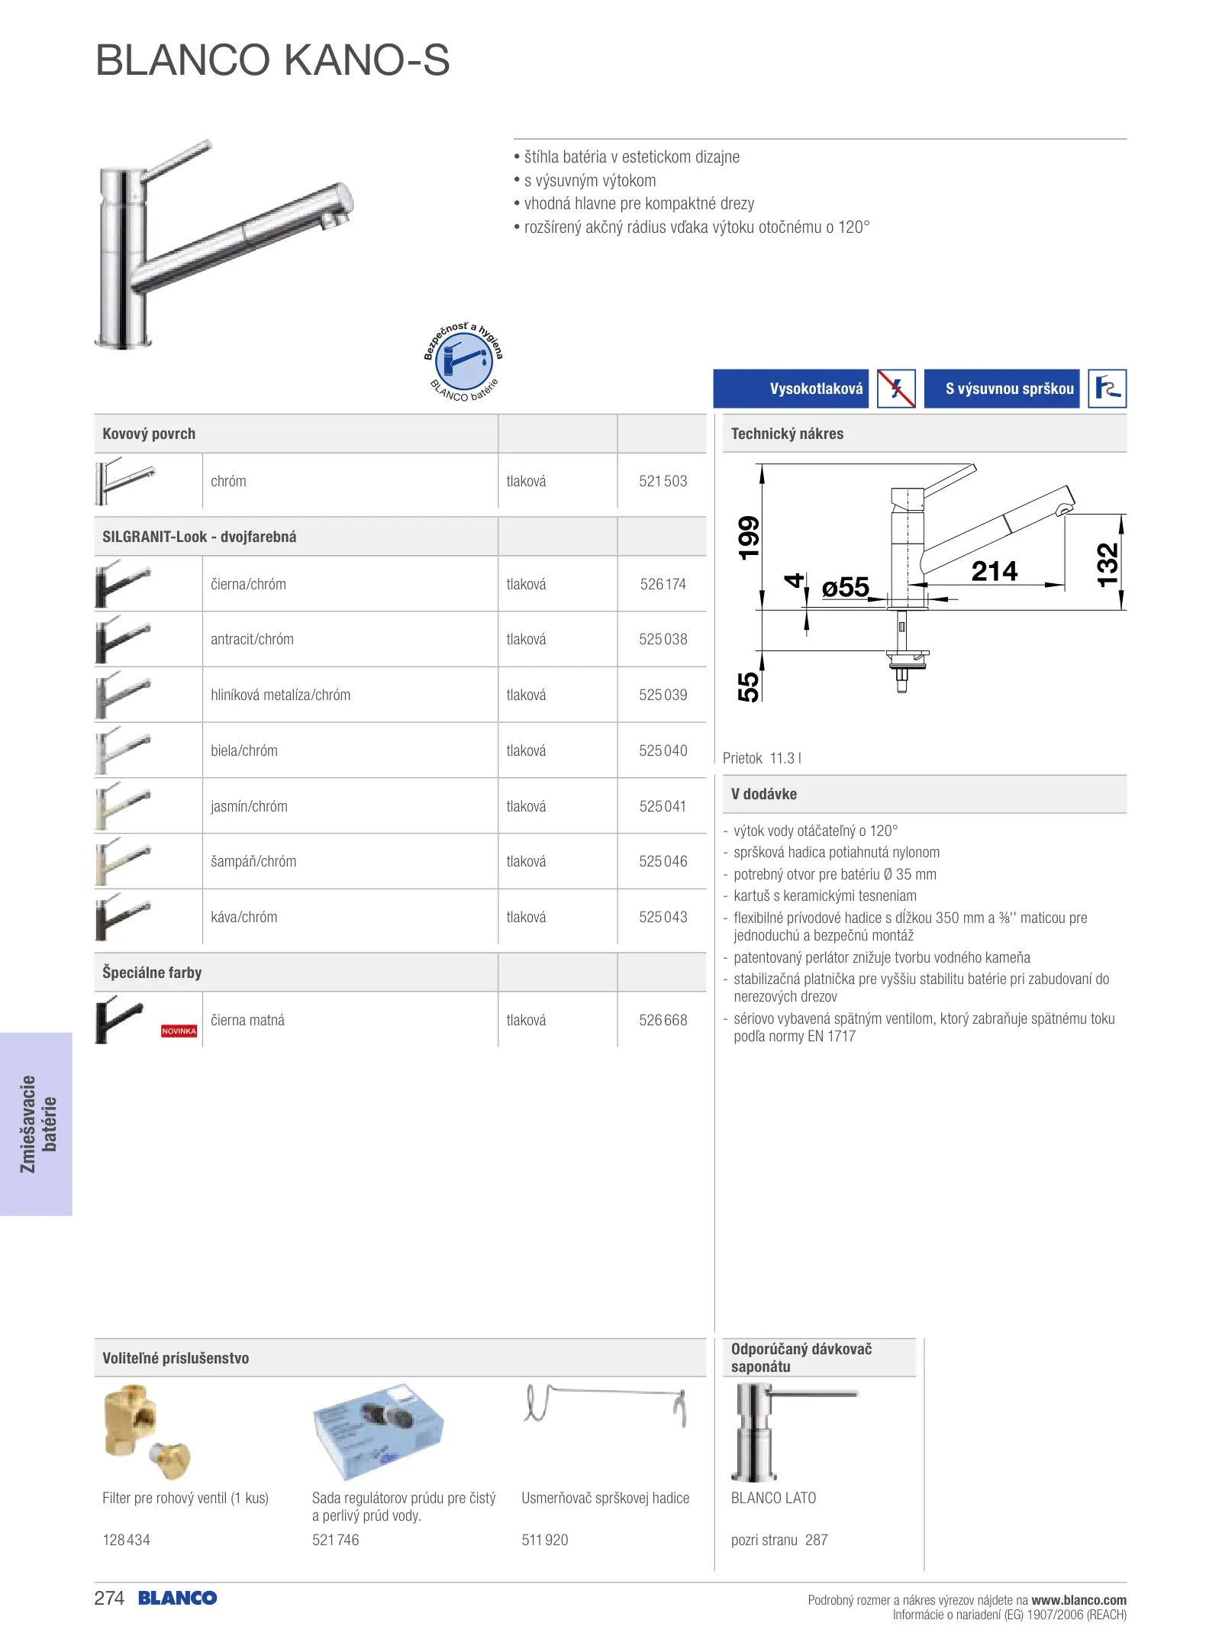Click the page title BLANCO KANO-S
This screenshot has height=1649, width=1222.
pos(272,60)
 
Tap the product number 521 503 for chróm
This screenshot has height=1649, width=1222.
pos(663,481)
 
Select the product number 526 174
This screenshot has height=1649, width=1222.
pos(663,584)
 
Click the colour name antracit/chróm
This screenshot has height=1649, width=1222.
pos(252,639)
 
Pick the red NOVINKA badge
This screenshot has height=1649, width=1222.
pos(179,1031)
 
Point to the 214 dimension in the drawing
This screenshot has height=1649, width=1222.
pos(994,571)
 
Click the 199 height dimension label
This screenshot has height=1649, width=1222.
pos(749,537)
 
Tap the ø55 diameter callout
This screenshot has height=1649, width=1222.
pos(845,587)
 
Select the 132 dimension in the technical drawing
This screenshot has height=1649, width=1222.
pos(1108,564)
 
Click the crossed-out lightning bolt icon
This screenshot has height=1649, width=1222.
pos(896,389)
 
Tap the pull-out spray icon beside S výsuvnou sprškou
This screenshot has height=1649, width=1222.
pos(1107,389)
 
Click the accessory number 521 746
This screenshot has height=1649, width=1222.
pos(335,1540)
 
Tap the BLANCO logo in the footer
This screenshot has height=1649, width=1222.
pos(178,1598)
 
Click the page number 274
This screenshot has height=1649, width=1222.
pos(109,1598)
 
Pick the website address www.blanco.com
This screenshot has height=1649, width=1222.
pos(1079,1599)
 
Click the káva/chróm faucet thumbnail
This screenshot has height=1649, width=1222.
pos(123,916)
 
